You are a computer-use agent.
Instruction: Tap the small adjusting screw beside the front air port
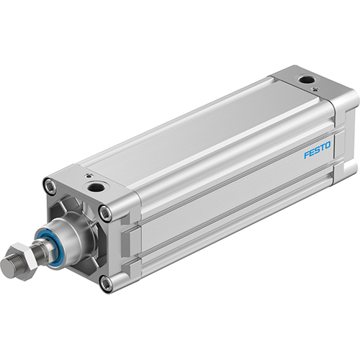click(x=87, y=174)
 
